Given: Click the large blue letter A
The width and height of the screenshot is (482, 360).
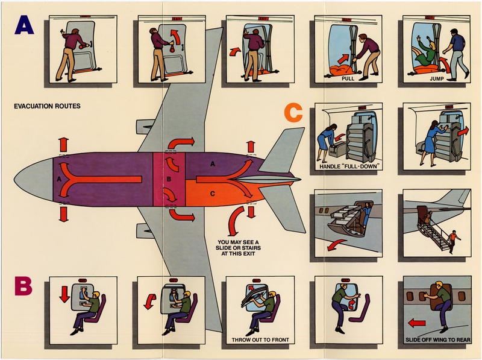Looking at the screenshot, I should pos(26,28).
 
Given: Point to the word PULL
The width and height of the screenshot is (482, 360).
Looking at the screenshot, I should pos(348,78).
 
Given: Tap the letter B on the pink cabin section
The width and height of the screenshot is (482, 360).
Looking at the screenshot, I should pos(169,179).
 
